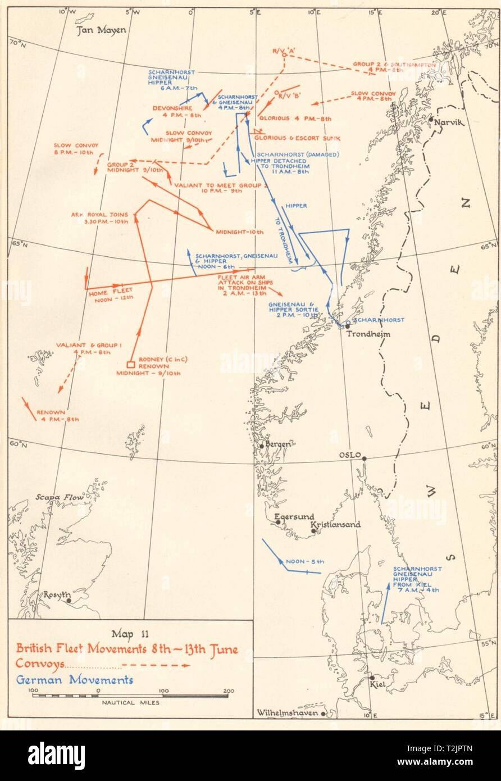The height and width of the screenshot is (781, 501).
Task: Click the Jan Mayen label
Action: [x=102, y=30]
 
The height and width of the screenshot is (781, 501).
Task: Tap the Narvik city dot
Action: [x=430, y=119]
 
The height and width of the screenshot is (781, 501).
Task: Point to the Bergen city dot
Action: [x=262, y=446]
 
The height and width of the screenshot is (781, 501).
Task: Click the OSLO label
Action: [x=350, y=455]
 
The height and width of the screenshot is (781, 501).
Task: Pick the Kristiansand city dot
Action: [x=313, y=530]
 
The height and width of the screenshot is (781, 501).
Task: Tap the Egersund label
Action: [x=294, y=517]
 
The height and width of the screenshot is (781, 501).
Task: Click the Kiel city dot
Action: [x=371, y=678]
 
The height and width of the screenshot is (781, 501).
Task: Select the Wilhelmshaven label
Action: [x=284, y=714]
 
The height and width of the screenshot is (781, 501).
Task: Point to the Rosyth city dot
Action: [x=69, y=600]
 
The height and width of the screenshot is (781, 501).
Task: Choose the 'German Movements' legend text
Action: [x=74, y=680]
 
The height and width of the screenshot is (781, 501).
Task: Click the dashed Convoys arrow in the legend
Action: [x=157, y=665]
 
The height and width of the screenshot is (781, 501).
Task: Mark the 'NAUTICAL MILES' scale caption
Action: [x=130, y=702]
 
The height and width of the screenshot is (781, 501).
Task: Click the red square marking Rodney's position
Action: [x=130, y=363]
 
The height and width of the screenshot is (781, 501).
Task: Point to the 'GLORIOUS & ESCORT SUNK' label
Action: [x=297, y=138]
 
